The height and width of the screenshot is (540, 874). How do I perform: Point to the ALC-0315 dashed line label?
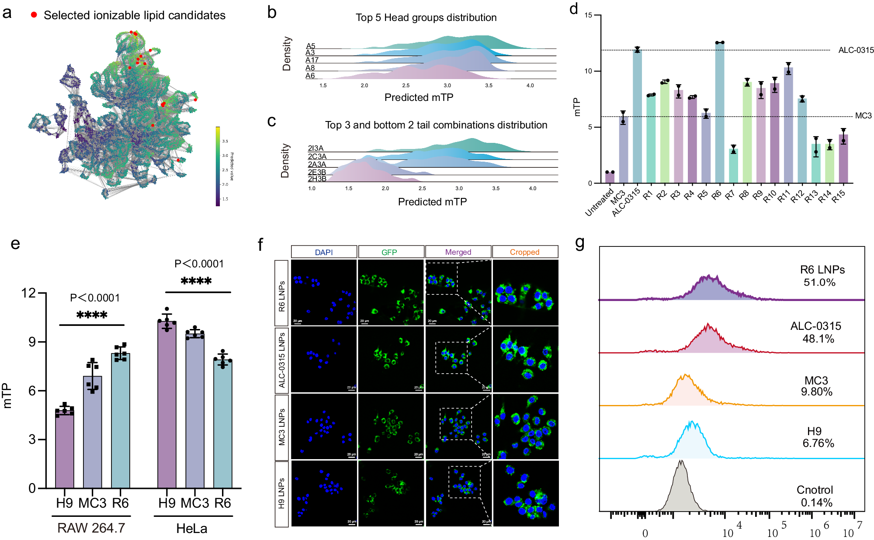point(856,50)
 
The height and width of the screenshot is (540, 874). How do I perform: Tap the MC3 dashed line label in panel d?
point(863,116)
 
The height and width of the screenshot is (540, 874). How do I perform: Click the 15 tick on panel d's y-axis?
point(588,15)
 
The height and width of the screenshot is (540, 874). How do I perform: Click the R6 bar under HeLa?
point(223,424)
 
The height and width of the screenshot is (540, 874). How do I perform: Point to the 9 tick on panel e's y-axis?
point(32,342)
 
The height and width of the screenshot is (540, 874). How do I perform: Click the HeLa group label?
point(192,529)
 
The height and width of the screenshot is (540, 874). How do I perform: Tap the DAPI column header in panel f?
point(324,252)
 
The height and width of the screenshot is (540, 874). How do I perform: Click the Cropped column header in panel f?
point(524,252)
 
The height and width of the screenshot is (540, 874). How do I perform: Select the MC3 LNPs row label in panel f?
point(282,427)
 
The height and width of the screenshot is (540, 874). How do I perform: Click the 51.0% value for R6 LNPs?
point(819,283)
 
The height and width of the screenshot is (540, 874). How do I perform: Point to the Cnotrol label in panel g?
point(815,490)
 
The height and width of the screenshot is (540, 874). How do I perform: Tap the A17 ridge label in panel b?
point(312,60)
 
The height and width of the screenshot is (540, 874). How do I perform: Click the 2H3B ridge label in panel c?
point(317,179)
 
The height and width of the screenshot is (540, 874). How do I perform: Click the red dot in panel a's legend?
point(34,15)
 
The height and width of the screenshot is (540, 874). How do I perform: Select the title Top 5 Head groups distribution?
point(426,17)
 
